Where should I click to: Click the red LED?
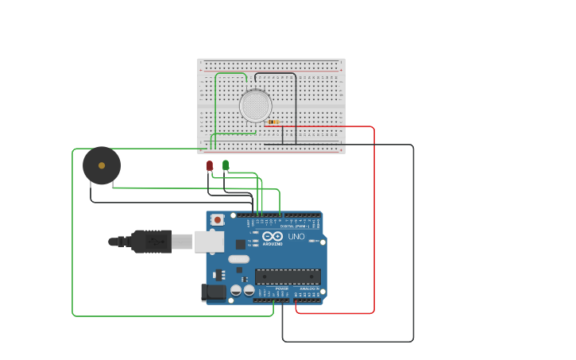[210, 165]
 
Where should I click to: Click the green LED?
[226, 165]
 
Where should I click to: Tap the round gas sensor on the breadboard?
[256, 106]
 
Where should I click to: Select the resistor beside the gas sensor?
[273, 122]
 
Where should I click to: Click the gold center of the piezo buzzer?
[102, 165]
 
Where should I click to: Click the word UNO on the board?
[296, 236]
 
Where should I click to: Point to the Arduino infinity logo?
[273, 236]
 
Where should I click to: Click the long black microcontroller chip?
[288, 277]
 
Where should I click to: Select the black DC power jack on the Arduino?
[213, 292]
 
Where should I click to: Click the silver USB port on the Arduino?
[209, 241]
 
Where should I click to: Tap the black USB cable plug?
[151, 241]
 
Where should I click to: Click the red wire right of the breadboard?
[373, 223]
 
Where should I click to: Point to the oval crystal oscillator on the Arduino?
[238, 259]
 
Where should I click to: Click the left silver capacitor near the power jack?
[236, 291]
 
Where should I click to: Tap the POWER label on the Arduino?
[271, 288]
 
